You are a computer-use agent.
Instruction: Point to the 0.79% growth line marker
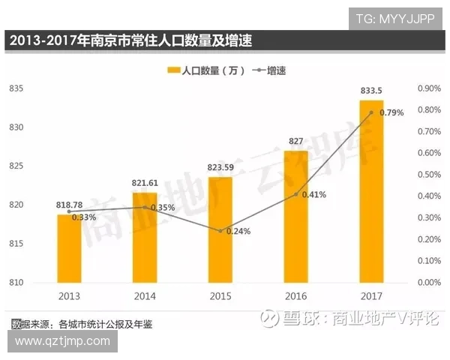coord(371,112)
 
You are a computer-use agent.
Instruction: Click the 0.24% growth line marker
coord(220,231)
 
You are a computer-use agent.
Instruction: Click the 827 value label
coord(295,142)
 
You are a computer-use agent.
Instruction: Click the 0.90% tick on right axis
coord(428,88)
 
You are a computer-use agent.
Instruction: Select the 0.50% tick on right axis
coord(428,175)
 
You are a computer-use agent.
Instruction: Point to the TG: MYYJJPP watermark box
coord(395,17)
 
